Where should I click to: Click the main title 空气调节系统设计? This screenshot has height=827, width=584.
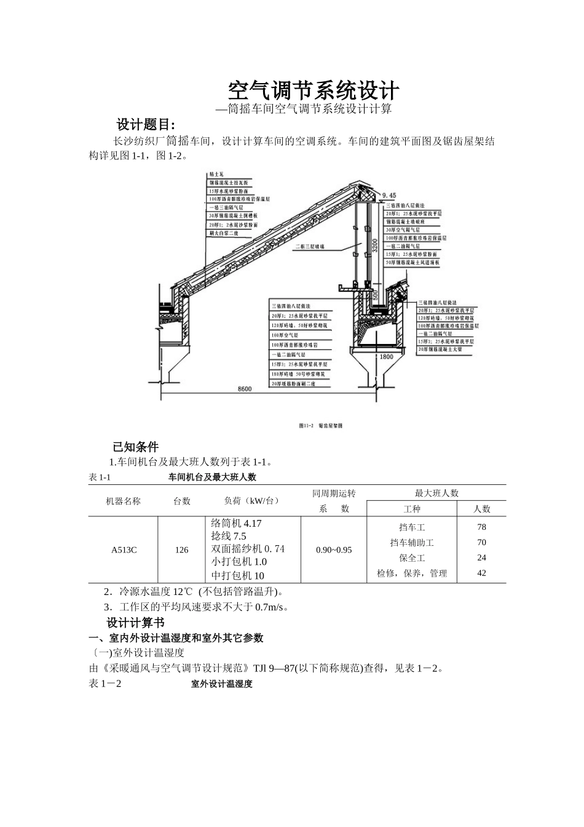tap(314, 91)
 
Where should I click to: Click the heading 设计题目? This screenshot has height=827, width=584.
tap(146, 124)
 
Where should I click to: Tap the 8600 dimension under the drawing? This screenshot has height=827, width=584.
tap(244, 388)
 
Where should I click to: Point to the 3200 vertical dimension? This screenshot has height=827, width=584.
tap(375, 247)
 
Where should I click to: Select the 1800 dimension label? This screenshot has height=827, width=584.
tap(385, 356)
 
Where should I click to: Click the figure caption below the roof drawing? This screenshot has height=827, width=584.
tap(320, 426)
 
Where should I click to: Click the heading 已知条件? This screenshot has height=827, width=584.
tap(135, 447)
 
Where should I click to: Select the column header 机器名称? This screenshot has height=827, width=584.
tap(123, 501)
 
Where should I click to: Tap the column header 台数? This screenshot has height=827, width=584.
tap(182, 501)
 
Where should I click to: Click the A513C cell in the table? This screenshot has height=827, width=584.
tap(124, 549)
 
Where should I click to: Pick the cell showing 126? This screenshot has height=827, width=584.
tap(181, 549)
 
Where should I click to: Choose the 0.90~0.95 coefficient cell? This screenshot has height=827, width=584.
tap(334, 549)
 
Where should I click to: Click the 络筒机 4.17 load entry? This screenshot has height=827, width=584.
tap(236, 523)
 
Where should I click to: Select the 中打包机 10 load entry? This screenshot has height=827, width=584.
tap(237, 575)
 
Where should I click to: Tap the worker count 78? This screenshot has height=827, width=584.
tap(481, 527)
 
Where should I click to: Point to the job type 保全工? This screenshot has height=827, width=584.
tap(412, 558)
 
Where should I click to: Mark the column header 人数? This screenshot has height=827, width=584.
tap(482, 509)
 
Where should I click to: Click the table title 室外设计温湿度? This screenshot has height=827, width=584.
tap(221, 684)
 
